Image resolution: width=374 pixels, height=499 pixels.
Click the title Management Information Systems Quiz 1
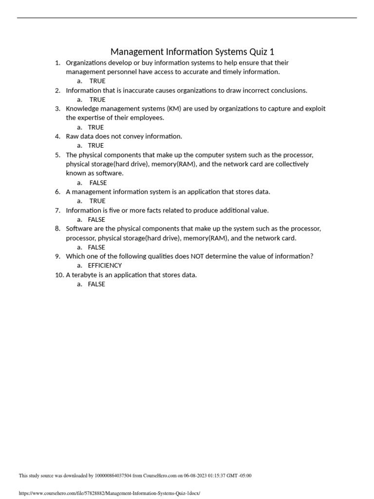(x=192, y=52)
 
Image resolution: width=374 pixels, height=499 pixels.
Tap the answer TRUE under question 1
(x=97, y=81)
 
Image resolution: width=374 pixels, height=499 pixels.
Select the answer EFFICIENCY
(x=105, y=265)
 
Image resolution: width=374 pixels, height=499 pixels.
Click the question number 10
(x=59, y=275)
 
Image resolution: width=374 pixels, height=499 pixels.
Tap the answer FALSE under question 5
(x=98, y=183)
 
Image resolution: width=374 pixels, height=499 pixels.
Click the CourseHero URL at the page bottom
(x=109, y=493)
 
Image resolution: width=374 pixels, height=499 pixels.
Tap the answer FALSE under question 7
(x=96, y=219)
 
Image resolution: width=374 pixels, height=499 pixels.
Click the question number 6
(x=57, y=192)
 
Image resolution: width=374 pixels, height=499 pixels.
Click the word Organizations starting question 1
(x=86, y=63)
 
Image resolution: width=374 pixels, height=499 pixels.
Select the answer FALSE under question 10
(x=96, y=284)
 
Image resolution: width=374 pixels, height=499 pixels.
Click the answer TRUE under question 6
(x=97, y=201)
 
